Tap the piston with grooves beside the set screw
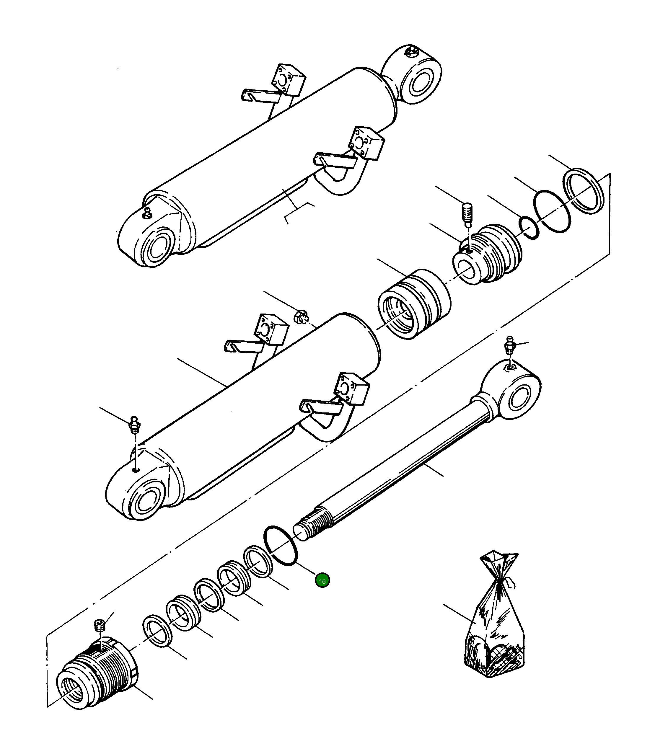point(488,254)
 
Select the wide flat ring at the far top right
point(583,191)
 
